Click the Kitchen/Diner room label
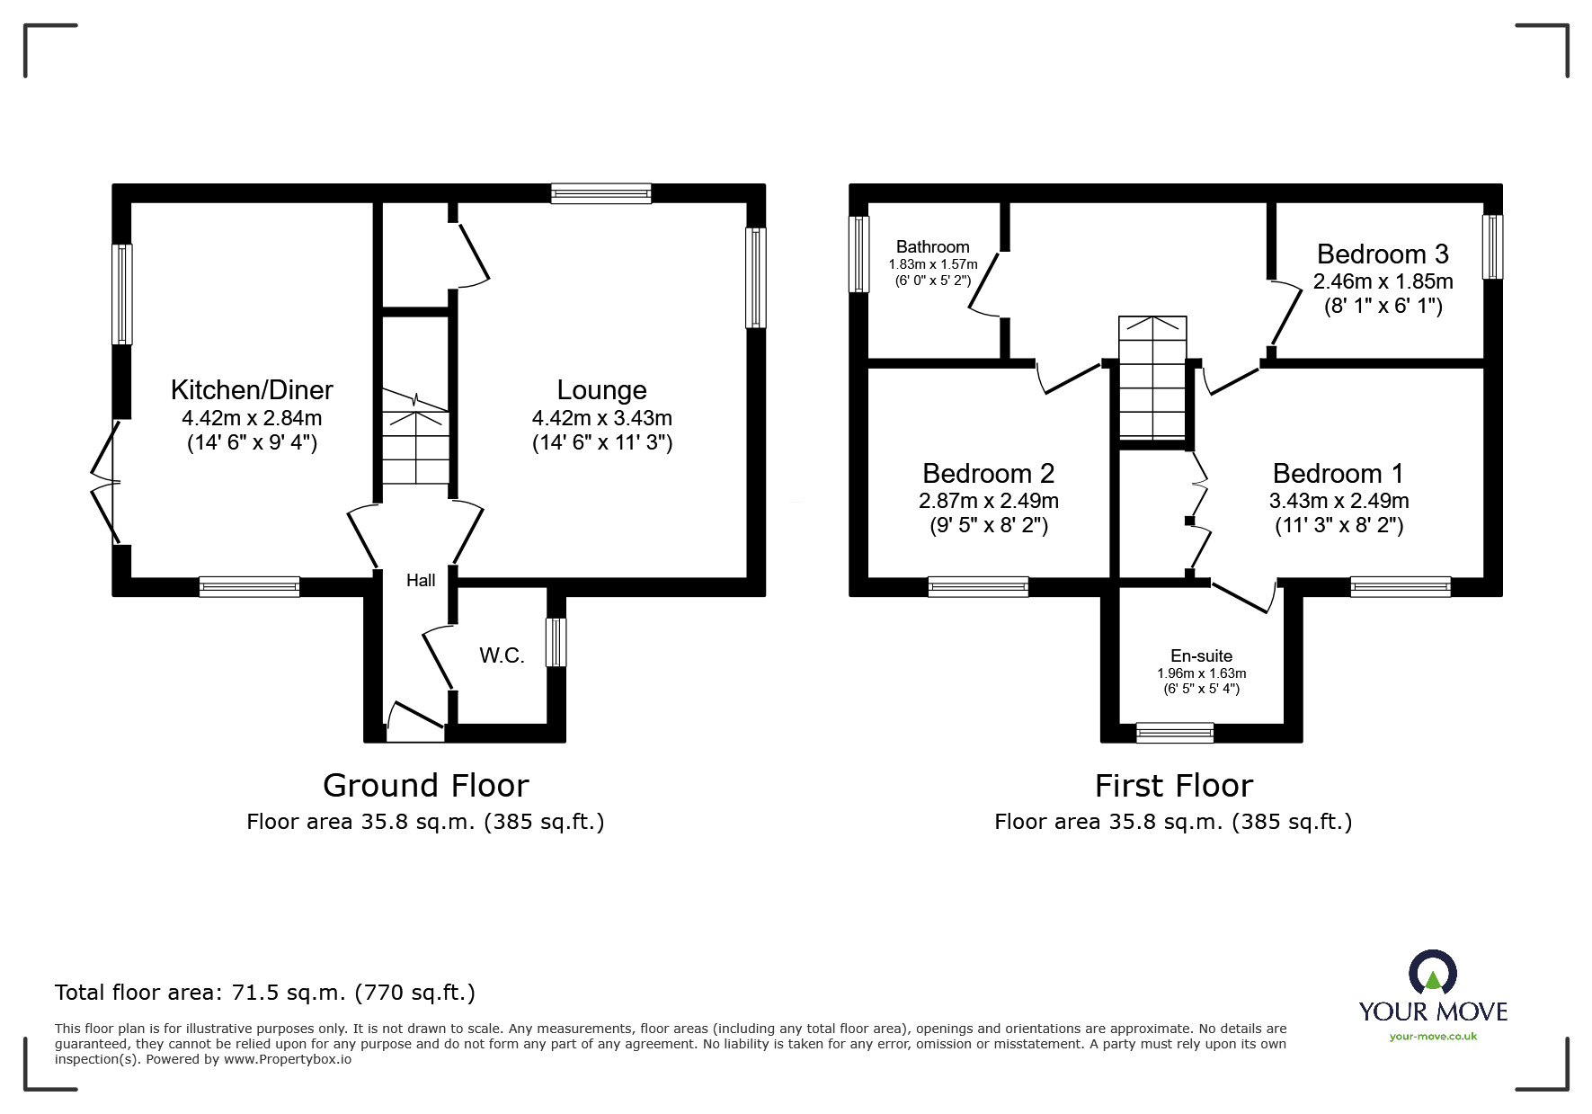click(252, 389)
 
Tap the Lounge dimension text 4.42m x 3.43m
click(601, 418)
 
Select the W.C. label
click(502, 655)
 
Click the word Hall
click(421, 580)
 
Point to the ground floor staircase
click(415, 441)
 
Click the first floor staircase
click(1152, 378)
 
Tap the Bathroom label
click(932, 246)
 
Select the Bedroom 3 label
click(1382, 254)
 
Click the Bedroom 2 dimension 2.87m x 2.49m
click(988, 501)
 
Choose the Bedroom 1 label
click(1338, 473)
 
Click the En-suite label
click(1201, 655)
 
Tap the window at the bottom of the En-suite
click(1174, 733)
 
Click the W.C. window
click(556, 642)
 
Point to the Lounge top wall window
click(600, 193)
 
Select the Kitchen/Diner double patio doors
click(106, 483)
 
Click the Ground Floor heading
click(425, 785)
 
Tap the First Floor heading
click(1173, 785)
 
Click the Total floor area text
click(265, 993)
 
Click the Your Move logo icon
click(1432, 974)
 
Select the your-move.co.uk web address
click(1433, 1037)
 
